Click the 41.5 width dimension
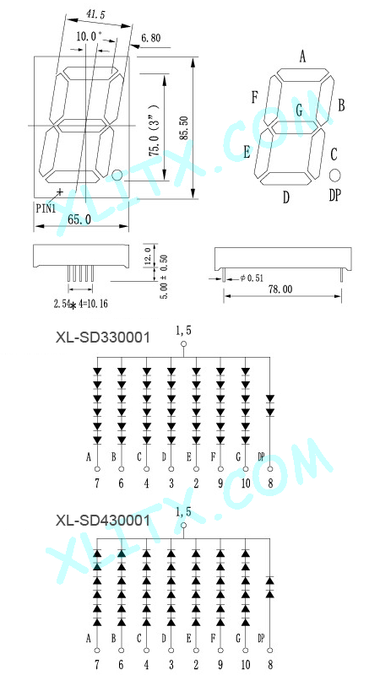click(95, 13)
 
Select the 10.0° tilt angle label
click(90, 36)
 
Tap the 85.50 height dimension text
click(184, 128)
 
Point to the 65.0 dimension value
click(79, 219)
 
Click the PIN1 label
click(46, 208)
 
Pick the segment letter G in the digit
click(299, 111)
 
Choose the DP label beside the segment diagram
click(334, 196)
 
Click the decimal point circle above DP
click(335, 175)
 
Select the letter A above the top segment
click(302, 57)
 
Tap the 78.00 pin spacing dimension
click(280, 289)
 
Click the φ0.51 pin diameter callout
click(252, 278)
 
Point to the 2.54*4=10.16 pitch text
click(80, 305)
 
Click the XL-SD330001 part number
click(103, 337)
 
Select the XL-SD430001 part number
click(103, 521)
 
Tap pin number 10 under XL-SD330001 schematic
click(246, 483)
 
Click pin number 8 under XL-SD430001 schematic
click(270, 665)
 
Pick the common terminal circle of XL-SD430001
click(183, 526)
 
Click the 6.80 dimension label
click(150, 38)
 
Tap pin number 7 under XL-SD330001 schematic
click(97, 483)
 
